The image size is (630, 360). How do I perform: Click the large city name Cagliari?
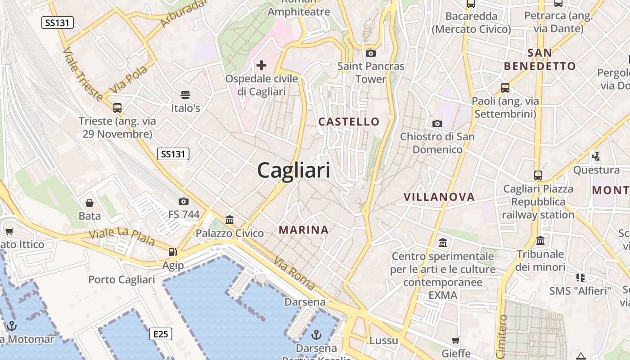pyautogui.click(x=293, y=171)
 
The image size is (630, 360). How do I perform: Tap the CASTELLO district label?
pyautogui.click(x=349, y=121)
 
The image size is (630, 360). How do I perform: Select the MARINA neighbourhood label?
pyautogui.click(x=304, y=230)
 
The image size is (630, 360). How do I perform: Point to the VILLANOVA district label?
pyautogui.click(x=439, y=197)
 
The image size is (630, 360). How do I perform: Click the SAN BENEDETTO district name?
pyautogui.click(x=540, y=59)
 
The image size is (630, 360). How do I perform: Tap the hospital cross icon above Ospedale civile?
pyautogui.click(x=261, y=65)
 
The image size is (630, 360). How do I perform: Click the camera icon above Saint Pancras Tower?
pyautogui.click(x=370, y=53)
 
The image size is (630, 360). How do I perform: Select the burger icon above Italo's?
pyautogui.click(x=185, y=94)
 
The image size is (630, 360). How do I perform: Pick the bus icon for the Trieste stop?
pyautogui.click(x=117, y=108)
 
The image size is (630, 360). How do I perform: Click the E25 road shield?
pyautogui.click(x=161, y=334)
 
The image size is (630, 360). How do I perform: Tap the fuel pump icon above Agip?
pyautogui.click(x=173, y=252)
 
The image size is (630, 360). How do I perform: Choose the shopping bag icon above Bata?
pyautogui.click(x=90, y=203)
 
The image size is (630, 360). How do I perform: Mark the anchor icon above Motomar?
pyautogui.click(x=11, y=325)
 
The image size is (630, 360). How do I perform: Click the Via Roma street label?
pyautogui.click(x=294, y=273)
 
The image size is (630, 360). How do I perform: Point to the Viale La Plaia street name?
pyautogui.click(x=121, y=237)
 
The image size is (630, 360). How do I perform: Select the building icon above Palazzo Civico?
pyautogui.click(x=229, y=220)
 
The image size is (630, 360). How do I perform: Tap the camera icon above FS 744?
pyautogui.click(x=183, y=201)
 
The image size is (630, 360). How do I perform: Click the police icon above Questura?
pyautogui.click(x=596, y=156)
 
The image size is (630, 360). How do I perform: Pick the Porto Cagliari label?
pyautogui.click(x=121, y=279)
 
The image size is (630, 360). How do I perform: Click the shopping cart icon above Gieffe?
pyautogui.click(x=455, y=340)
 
